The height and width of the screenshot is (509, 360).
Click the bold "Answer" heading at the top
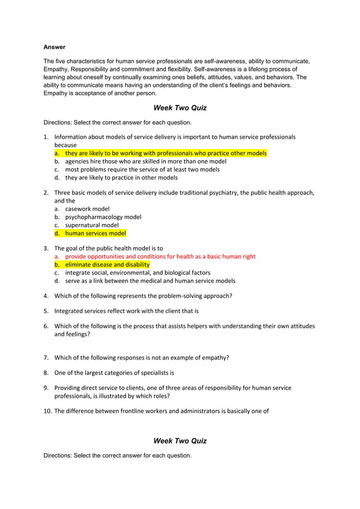tap(54, 47)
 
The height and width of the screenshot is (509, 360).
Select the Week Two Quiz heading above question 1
tap(180, 108)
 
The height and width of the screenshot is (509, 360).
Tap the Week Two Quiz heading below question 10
tap(180, 441)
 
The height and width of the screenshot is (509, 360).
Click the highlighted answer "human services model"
tap(95, 233)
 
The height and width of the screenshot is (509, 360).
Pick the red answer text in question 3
tap(160, 256)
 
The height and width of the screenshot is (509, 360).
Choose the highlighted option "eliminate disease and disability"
tap(107, 264)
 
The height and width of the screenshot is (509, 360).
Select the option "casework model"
tap(87, 209)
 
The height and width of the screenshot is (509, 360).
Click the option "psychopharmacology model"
tap(103, 217)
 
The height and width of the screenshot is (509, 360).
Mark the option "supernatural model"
tap(91, 225)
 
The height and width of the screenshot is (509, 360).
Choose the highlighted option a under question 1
tap(165, 153)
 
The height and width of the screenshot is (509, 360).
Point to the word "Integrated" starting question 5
tap(69, 310)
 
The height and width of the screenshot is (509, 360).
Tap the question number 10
tap(47, 411)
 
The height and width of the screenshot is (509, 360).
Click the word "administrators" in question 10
tap(203, 411)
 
